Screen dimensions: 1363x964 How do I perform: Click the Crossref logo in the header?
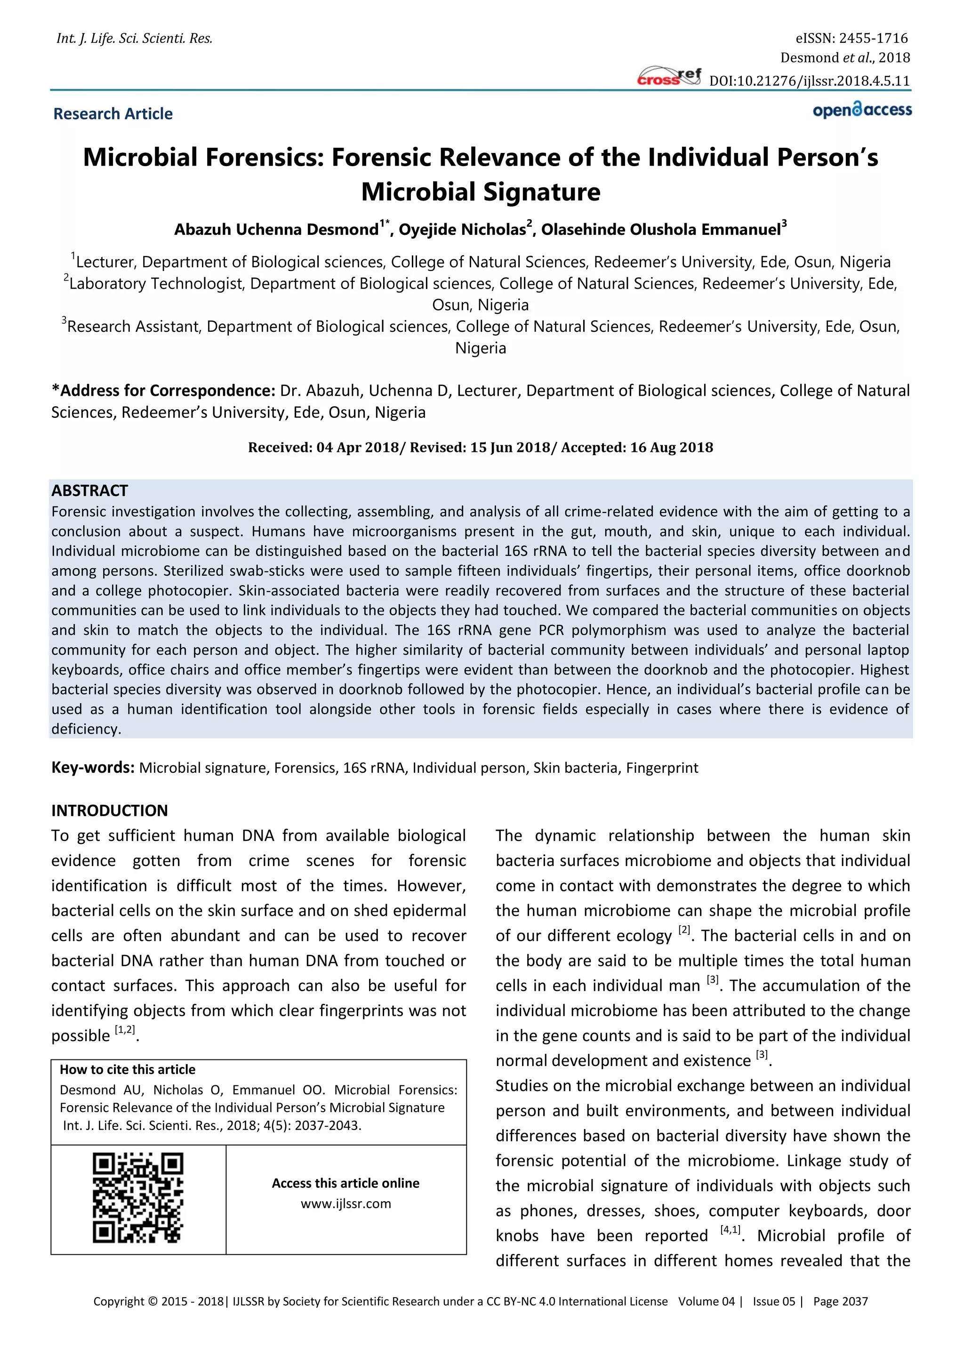point(669,77)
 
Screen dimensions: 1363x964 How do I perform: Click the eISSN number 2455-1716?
point(873,38)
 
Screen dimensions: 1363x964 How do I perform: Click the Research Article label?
point(113,113)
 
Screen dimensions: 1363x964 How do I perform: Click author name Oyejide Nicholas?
point(462,229)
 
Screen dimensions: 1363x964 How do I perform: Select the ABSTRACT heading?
point(89,490)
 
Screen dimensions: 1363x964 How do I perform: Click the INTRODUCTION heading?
point(109,810)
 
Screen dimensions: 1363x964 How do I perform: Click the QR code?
point(138,1198)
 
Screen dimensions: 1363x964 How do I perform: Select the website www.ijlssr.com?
point(345,1203)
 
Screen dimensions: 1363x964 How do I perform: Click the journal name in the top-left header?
point(134,39)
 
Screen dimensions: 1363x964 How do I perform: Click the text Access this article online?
point(345,1183)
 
